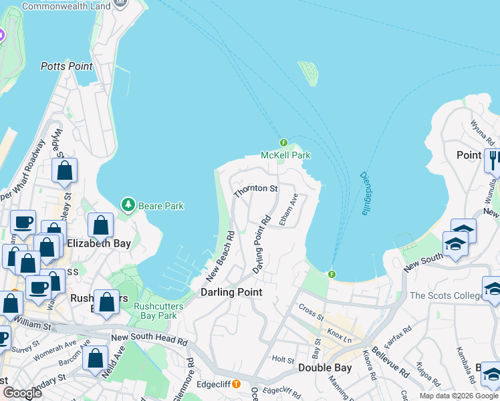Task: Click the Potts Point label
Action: tap(66, 66)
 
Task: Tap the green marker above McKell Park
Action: tap(283, 142)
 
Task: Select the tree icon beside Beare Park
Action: tap(127, 204)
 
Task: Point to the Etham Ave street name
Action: tap(288, 210)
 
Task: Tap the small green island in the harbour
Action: tap(308, 73)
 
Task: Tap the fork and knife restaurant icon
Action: tap(493, 160)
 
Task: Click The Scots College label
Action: tap(444, 295)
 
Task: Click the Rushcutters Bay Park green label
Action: tap(155, 311)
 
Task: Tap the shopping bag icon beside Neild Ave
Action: tap(95, 358)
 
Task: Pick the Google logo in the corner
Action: tap(22, 393)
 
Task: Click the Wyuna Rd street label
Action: tap(481, 132)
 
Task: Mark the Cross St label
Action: tap(311, 311)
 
